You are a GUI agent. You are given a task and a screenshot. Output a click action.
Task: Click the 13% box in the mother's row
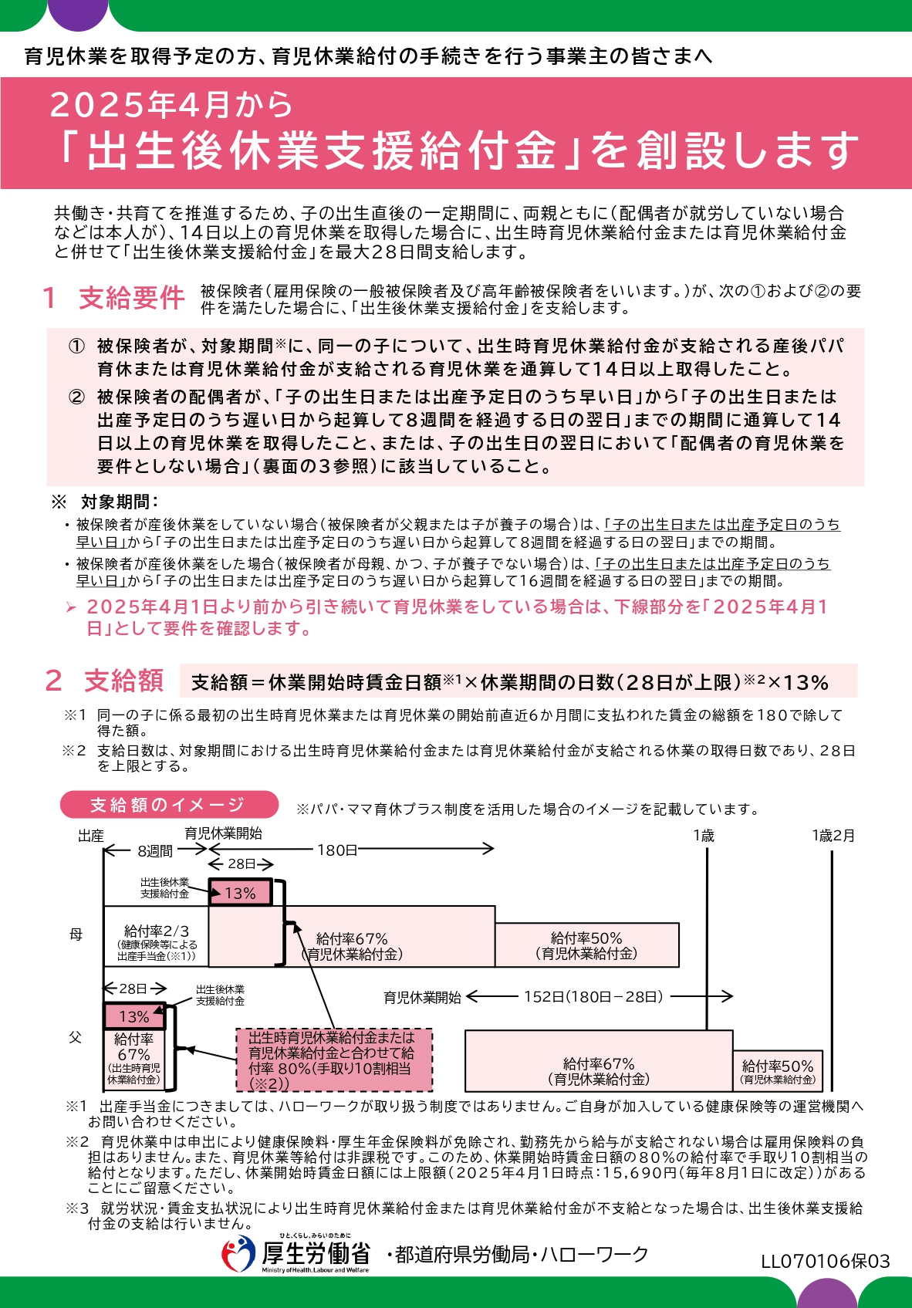tap(240, 893)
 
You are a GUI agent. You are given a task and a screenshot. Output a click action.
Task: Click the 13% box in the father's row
tap(134, 1016)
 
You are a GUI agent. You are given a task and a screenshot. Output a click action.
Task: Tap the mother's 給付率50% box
tap(586, 945)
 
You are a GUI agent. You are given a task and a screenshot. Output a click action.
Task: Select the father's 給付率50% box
tap(778, 1071)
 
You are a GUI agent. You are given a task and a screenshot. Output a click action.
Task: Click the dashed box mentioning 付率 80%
tap(333, 1060)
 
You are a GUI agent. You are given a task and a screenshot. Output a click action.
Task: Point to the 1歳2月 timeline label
tap(833, 836)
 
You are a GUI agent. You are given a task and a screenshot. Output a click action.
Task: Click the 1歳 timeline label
tap(704, 836)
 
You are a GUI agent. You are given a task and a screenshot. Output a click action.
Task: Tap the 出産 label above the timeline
tap(91, 836)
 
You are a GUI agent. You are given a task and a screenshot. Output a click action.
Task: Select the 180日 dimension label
tap(337, 850)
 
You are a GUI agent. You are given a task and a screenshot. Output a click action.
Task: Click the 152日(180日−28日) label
tap(593, 996)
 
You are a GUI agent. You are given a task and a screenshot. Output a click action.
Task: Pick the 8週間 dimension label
tap(155, 850)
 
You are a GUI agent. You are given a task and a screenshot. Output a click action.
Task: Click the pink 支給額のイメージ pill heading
tap(168, 805)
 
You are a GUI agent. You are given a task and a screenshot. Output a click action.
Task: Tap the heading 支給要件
tap(131, 298)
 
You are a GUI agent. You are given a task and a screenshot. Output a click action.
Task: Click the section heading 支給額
tap(123, 681)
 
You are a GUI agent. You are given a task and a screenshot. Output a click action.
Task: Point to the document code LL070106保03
tap(825, 1261)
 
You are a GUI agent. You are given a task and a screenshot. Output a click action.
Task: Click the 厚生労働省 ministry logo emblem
tap(238, 1254)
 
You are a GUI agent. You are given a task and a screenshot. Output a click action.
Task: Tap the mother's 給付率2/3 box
tap(157, 937)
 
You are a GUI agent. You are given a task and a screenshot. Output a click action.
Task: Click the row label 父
tap(76, 1038)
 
